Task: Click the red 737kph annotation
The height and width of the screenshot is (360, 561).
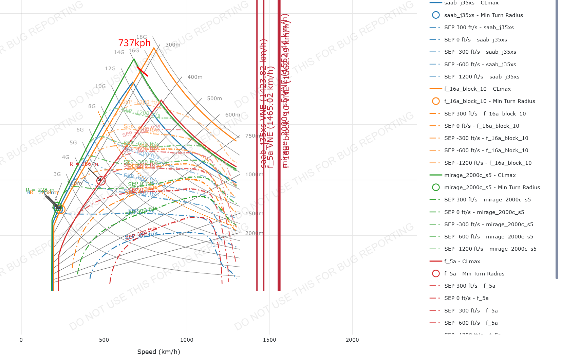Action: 134,43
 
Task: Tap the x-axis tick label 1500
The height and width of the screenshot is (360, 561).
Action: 269,340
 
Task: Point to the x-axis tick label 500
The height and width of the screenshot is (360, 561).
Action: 104,340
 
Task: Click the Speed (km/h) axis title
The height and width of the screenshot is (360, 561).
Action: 158,352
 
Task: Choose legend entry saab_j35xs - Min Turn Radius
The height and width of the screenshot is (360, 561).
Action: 483,15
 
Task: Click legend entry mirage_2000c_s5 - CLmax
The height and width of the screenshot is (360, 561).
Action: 480,175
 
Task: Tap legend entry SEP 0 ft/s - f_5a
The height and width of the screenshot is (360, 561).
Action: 466,298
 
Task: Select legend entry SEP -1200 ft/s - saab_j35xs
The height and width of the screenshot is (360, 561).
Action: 482,77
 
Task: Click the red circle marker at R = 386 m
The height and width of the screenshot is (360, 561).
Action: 101,181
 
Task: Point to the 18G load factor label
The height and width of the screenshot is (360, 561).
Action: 142,37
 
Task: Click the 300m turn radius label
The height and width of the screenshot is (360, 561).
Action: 173,45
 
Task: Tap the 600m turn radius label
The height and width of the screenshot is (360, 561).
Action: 232,115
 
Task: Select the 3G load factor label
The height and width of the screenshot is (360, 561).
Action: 57,174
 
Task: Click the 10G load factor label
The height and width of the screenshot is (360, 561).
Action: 100,86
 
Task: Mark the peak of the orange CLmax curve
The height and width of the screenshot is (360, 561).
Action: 154,48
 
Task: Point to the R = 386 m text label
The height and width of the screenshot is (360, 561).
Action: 84,164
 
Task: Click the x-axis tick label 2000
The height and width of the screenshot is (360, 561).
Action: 352,340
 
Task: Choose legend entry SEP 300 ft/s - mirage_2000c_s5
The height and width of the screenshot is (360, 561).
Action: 487,200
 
